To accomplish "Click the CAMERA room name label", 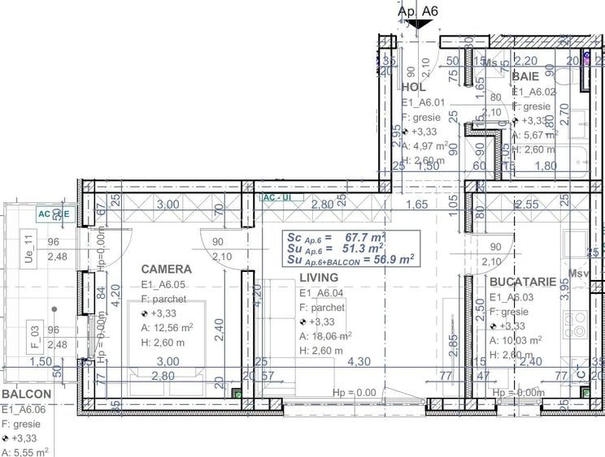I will pos(166,269).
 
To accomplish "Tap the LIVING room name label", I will pos(318,278).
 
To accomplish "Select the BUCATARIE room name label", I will pos(523,282).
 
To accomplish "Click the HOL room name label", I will pos(414,87).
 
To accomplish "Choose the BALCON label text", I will pos(26,394).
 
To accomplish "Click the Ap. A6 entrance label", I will pos(418,11).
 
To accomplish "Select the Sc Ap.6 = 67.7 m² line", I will pos(335,237).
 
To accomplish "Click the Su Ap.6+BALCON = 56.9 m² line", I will pos(350,259).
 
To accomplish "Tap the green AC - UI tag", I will pos(273,197).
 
